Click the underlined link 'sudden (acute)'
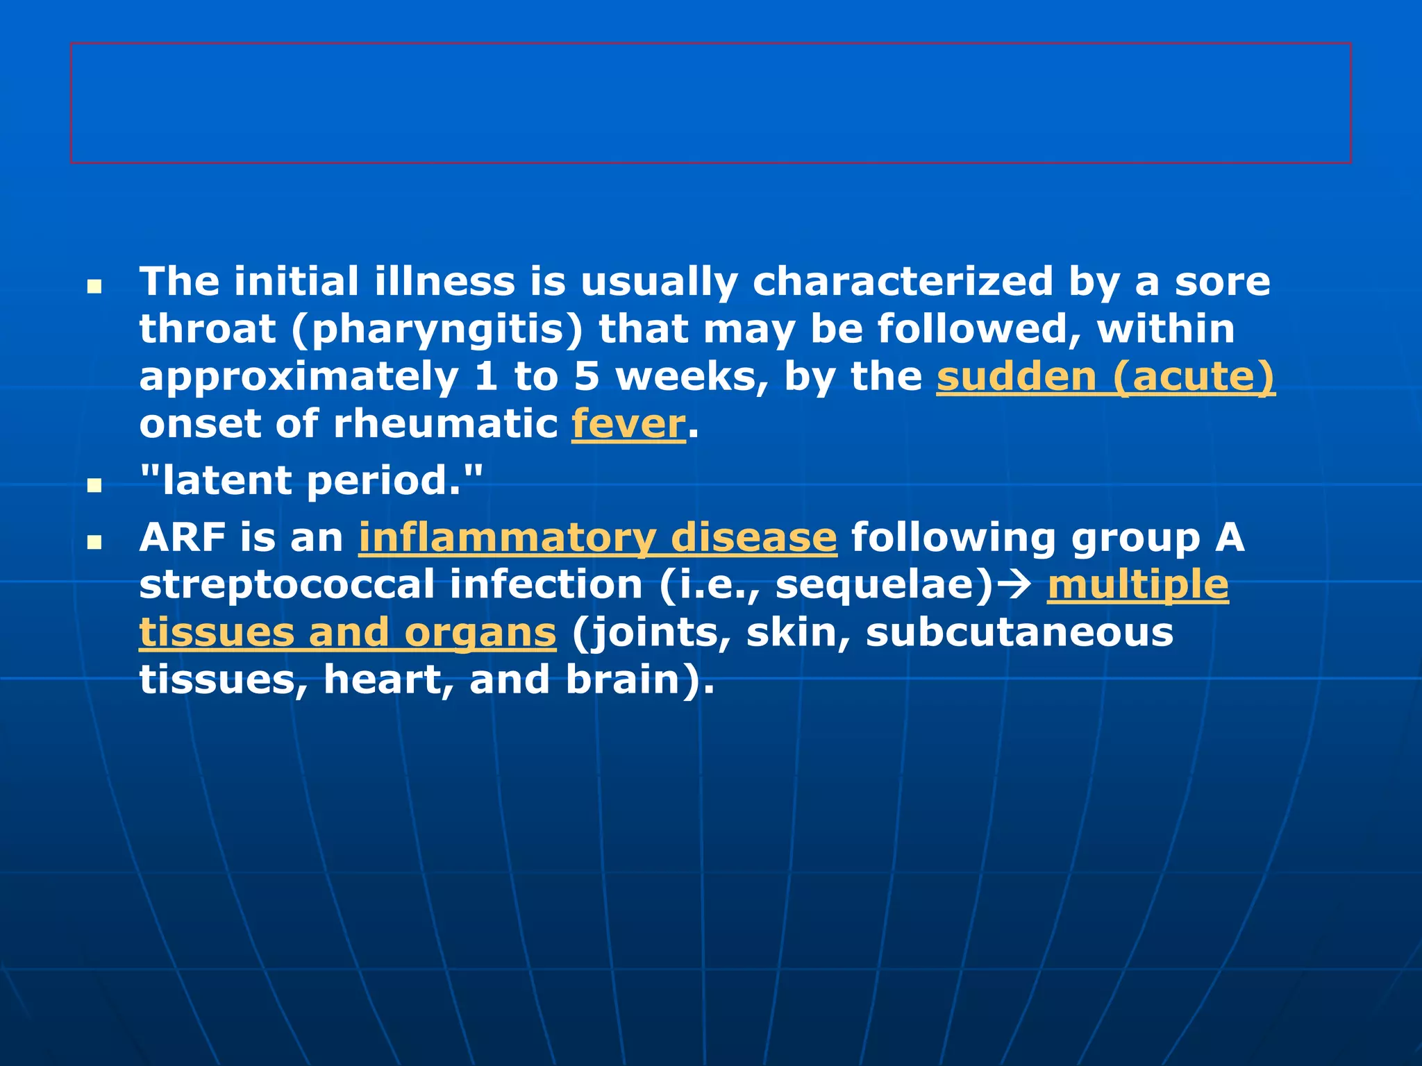point(1105,377)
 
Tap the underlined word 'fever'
point(628,424)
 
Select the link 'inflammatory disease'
point(598,538)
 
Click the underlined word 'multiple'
point(1138,585)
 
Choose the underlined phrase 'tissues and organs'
point(347,632)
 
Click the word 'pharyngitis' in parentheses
point(437,330)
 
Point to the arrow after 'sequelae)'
point(1018,585)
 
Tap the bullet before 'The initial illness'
point(94,286)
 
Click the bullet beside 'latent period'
point(94,485)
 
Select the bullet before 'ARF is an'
point(94,542)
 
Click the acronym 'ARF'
point(183,538)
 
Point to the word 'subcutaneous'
point(1019,632)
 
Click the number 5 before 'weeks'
point(587,377)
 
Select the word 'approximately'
point(299,378)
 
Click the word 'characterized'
point(903,282)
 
